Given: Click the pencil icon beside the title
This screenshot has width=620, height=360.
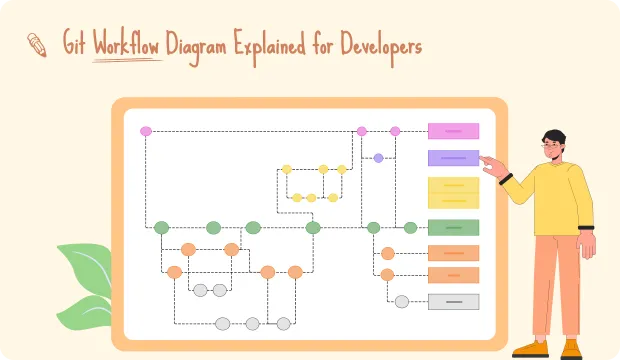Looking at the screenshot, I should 37,43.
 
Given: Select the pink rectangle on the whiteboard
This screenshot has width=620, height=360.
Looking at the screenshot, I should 453,131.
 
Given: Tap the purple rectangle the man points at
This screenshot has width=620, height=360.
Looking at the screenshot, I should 453,158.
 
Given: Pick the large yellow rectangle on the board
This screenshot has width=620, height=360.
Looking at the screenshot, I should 453,192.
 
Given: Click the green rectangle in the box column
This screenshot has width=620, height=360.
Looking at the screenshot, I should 453,227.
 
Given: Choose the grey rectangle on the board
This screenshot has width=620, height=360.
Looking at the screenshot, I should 453,301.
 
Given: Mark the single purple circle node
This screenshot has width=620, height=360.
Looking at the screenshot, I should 378,158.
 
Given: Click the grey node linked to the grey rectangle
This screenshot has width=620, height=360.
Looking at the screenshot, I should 401,301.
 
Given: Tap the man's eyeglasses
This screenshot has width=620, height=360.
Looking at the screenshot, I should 551,146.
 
